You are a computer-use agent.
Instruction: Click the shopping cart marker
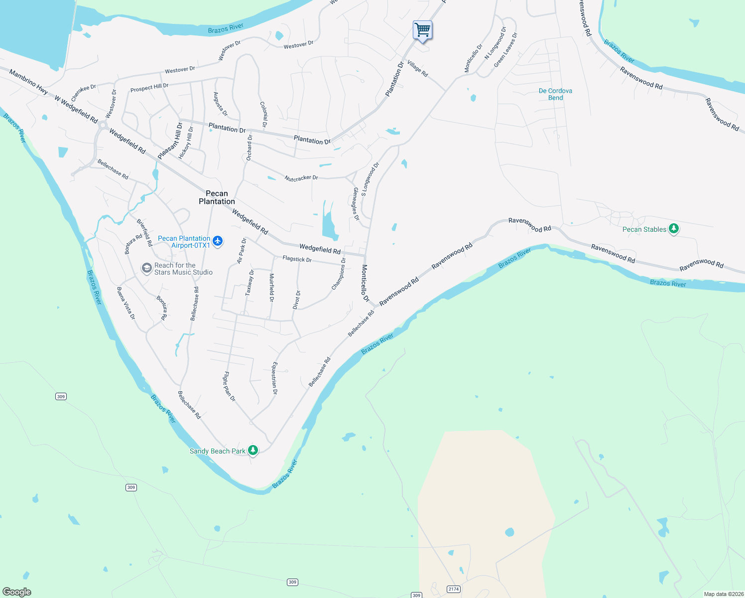coord(422,30)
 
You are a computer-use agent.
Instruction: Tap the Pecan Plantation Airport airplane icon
coord(217,241)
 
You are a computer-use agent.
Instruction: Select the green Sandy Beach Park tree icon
coord(253,450)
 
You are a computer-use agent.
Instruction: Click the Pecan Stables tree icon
coord(674,229)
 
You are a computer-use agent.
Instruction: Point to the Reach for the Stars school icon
coord(146,269)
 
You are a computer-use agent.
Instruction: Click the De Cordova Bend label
coord(555,94)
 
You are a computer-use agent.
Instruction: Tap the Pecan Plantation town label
coord(217,197)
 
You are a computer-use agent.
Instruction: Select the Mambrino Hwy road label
coord(28,82)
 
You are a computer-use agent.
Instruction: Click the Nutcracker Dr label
coord(301,178)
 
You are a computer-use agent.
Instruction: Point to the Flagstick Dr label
coord(297,259)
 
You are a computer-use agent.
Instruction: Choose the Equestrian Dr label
coord(274,378)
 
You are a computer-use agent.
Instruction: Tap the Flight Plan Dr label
coord(229,386)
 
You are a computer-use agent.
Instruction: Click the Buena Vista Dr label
coord(126,303)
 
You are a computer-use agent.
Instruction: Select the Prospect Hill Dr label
coord(149,88)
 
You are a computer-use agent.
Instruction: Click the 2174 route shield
coord(453,589)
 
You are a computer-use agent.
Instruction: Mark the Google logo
coord(17,592)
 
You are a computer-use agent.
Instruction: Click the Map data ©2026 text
coord(723,594)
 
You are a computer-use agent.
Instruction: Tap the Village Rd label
coord(417,68)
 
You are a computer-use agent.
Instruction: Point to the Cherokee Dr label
coord(83,93)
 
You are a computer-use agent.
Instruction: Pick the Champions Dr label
coord(339,274)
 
